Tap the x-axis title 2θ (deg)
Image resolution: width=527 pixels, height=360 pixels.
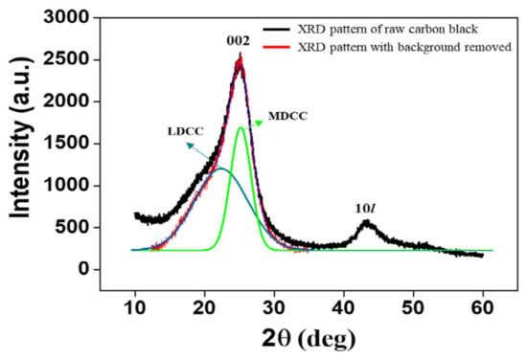click(x=310, y=337)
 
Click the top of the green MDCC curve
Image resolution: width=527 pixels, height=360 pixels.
click(x=241, y=127)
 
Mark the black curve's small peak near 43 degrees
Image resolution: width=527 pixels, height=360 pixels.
click(x=367, y=223)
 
